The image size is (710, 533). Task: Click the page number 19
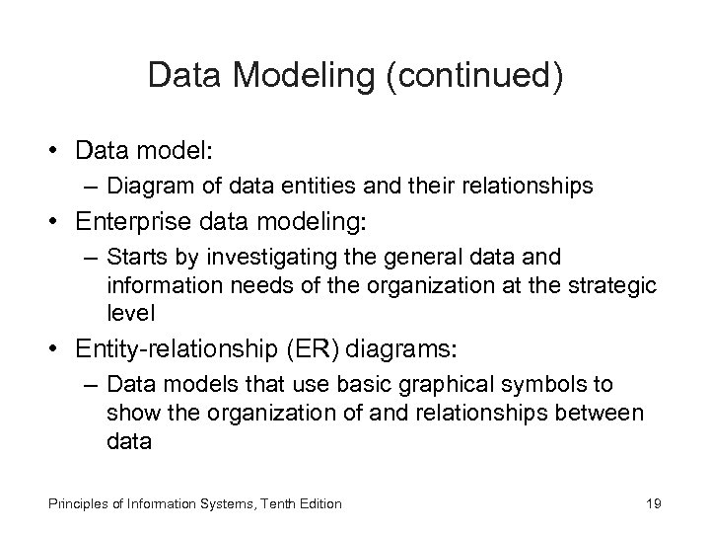(x=652, y=504)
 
